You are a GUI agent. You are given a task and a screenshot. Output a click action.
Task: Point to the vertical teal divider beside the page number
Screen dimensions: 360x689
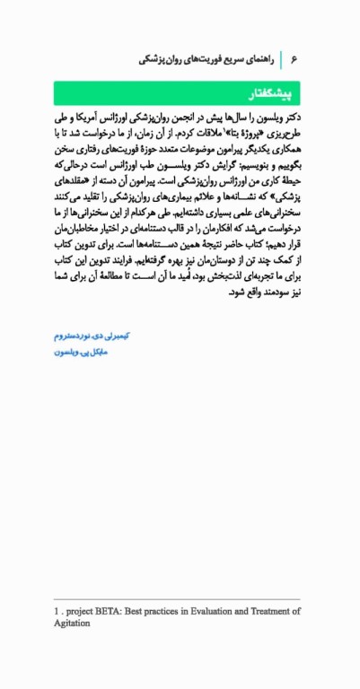(x=282, y=59)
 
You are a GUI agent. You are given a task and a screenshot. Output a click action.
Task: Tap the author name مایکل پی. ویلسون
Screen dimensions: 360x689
(x=81, y=353)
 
